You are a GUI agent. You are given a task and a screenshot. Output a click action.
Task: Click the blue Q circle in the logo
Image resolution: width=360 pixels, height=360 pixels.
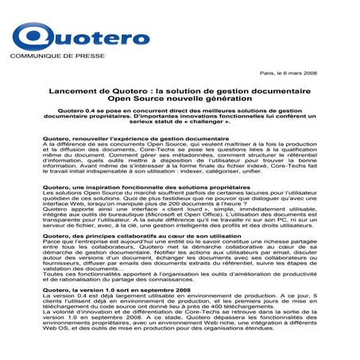(x=32, y=38)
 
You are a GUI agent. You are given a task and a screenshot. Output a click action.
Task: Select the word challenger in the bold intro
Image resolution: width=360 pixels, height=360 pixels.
(x=242, y=127)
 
